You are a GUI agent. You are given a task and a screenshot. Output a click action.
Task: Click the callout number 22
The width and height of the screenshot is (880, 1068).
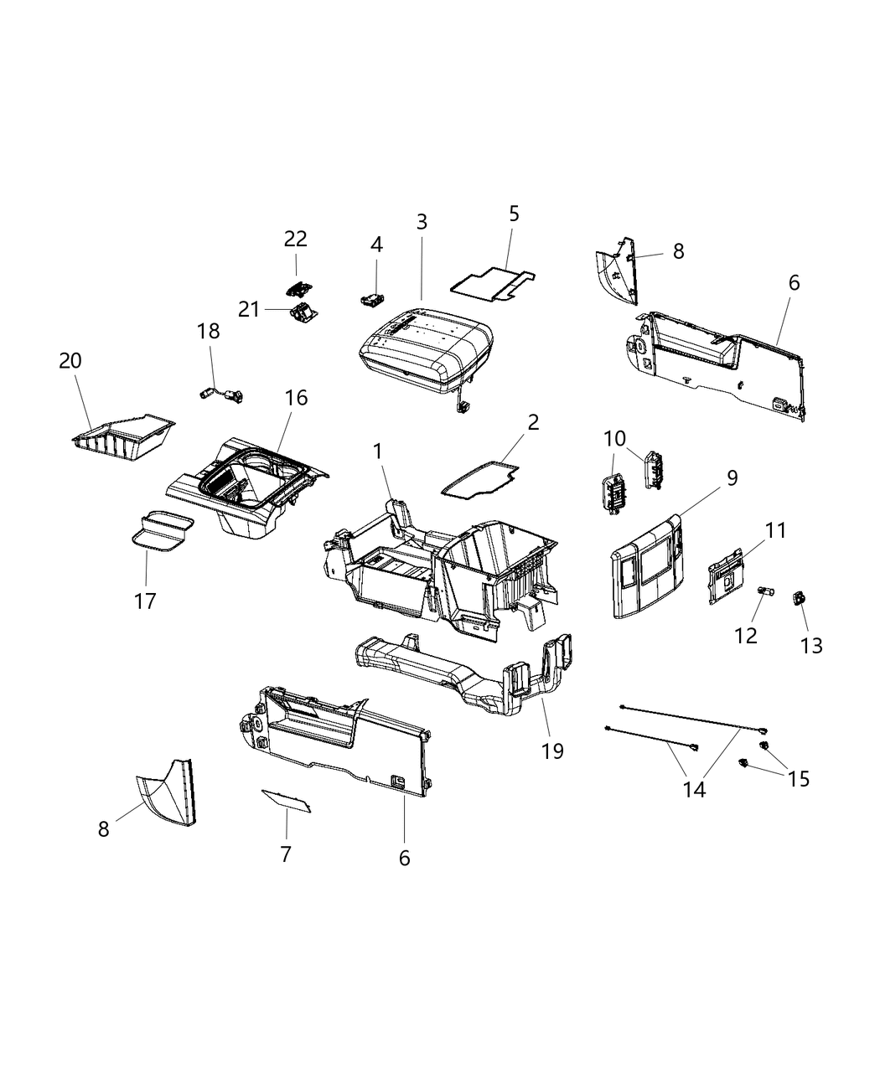pyautogui.click(x=295, y=239)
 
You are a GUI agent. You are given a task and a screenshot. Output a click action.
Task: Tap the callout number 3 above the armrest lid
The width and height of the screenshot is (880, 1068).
pyautogui.click(x=422, y=222)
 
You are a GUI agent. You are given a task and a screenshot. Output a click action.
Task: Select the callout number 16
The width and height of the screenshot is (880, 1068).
pyautogui.click(x=296, y=398)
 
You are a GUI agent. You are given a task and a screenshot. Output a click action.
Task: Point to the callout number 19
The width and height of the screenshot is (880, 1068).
pyautogui.click(x=552, y=751)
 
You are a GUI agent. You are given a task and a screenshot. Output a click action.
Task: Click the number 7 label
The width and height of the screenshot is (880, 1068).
pyautogui.click(x=286, y=854)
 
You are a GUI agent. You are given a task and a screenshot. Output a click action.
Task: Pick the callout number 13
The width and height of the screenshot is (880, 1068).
pyautogui.click(x=811, y=645)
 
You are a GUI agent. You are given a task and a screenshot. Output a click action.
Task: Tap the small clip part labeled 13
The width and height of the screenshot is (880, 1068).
pyautogui.click(x=800, y=597)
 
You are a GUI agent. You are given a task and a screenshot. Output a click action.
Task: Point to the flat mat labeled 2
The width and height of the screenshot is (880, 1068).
pyautogui.click(x=480, y=481)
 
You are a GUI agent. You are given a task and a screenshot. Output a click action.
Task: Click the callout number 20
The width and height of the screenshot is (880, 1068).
pyautogui.click(x=70, y=361)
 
